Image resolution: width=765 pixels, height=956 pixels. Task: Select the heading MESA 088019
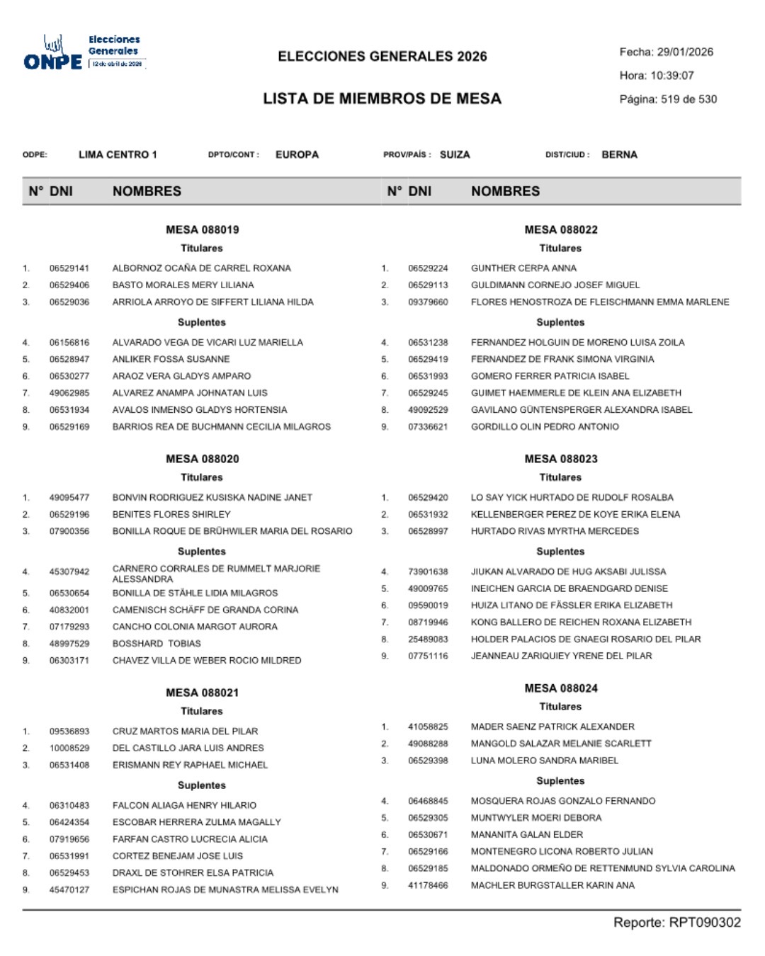[203, 229]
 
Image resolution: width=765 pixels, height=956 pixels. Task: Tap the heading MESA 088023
[561, 459]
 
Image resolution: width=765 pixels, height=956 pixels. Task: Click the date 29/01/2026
[685, 52]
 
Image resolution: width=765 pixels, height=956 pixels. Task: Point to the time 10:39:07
[672, 75]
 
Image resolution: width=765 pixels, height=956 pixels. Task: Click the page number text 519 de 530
[688, 99]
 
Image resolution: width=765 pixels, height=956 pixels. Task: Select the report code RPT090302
[705, 922]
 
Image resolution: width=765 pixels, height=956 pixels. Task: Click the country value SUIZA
[455, 154]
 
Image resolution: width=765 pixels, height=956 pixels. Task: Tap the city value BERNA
[619, 154]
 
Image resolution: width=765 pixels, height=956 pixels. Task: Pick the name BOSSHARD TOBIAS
[157, 644]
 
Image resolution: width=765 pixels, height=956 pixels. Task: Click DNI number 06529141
[69, 268]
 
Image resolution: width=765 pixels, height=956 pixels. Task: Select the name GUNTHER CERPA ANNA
[523, 268]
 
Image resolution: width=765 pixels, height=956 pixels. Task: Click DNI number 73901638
[428, 571]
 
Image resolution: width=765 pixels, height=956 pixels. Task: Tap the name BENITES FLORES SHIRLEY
[171, 515]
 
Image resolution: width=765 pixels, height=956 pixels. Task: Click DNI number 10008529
[69, 749]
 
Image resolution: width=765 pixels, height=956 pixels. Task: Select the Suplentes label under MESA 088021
[202, 785]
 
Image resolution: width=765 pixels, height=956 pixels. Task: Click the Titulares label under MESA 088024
[560, 707]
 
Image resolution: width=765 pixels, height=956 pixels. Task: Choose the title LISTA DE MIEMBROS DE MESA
[382, 98]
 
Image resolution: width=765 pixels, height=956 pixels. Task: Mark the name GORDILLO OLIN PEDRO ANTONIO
[545, 427]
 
